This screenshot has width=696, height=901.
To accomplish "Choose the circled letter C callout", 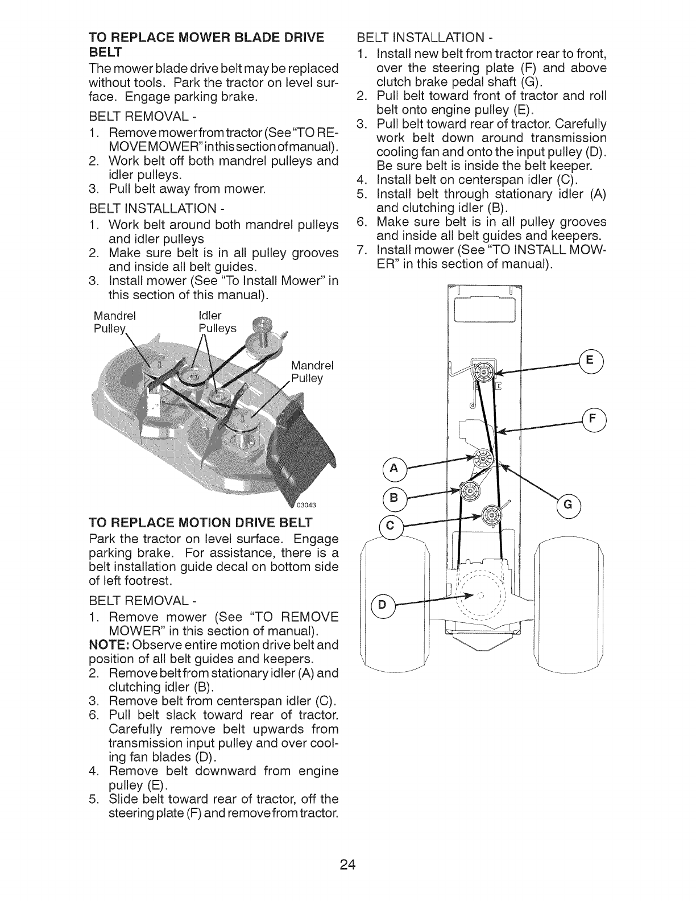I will coord(390,526).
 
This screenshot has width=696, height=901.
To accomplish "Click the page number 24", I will coord(348,850).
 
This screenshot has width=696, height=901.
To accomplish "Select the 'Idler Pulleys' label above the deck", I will coord(217,322).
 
